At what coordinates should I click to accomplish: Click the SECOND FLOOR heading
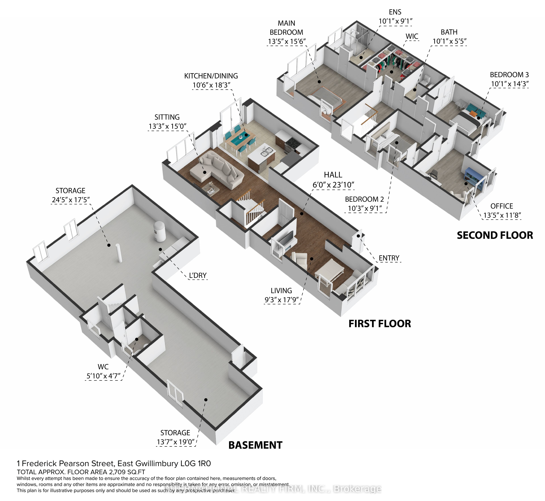click(x=495, y=235)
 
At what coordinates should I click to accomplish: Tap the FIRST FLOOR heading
click(x=380, y=324)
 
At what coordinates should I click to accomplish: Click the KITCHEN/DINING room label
click(x=211, y=76)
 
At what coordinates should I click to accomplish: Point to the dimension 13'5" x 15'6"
click(x=287, y=41)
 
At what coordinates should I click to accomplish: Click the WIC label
click(x=412, y=36)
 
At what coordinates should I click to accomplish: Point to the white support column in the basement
click(x=119, y=253)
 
